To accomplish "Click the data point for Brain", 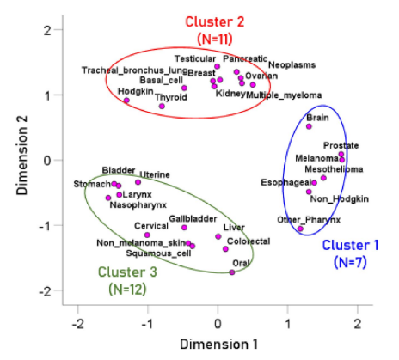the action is point(309,126).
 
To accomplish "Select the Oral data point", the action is point(232,272).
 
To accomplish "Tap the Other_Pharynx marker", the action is point(300,229).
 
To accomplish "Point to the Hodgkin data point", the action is point(126,101).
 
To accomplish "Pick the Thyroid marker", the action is point(162,107).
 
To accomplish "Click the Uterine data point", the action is point(138,182).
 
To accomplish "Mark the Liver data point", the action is point(218,236).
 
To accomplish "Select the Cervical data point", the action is point(147,235).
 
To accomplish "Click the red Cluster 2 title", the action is point(215,22).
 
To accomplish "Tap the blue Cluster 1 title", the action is point(350,246).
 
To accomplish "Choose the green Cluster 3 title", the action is point(127,272).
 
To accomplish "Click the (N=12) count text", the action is point(127,290).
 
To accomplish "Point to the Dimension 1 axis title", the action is point(218,345).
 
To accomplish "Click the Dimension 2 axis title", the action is point(21,156).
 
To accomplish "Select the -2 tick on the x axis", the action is point(77,324).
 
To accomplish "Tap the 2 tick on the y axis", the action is point(47,30).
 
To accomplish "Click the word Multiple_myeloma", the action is point(284,95).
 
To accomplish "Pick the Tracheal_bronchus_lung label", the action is point(135,70).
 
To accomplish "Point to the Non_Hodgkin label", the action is point(340,198).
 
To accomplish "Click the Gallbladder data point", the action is point(184,228).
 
